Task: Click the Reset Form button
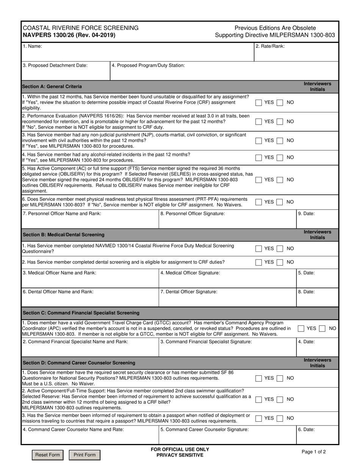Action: click(47, 455)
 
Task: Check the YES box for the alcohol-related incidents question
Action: click(258, 157)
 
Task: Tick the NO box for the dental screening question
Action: click(280, 262)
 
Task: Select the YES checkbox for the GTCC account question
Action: click(301, 328)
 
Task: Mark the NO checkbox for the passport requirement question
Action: click(280, 418)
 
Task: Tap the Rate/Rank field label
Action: click(270, 46)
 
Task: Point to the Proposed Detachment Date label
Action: click(55, 65)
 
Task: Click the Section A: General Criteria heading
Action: click(52, 86)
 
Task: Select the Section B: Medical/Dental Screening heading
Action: click(64, 235)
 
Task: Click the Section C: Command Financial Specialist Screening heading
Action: click(81, 313)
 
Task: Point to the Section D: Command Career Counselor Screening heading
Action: click(79, 363)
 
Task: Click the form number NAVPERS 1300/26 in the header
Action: click(69, 35)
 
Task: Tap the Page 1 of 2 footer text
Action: click(313, 452)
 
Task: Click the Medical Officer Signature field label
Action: click(190, 272)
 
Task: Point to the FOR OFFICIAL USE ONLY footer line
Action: click(180, 449)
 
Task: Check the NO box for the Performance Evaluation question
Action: click(280, 122)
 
